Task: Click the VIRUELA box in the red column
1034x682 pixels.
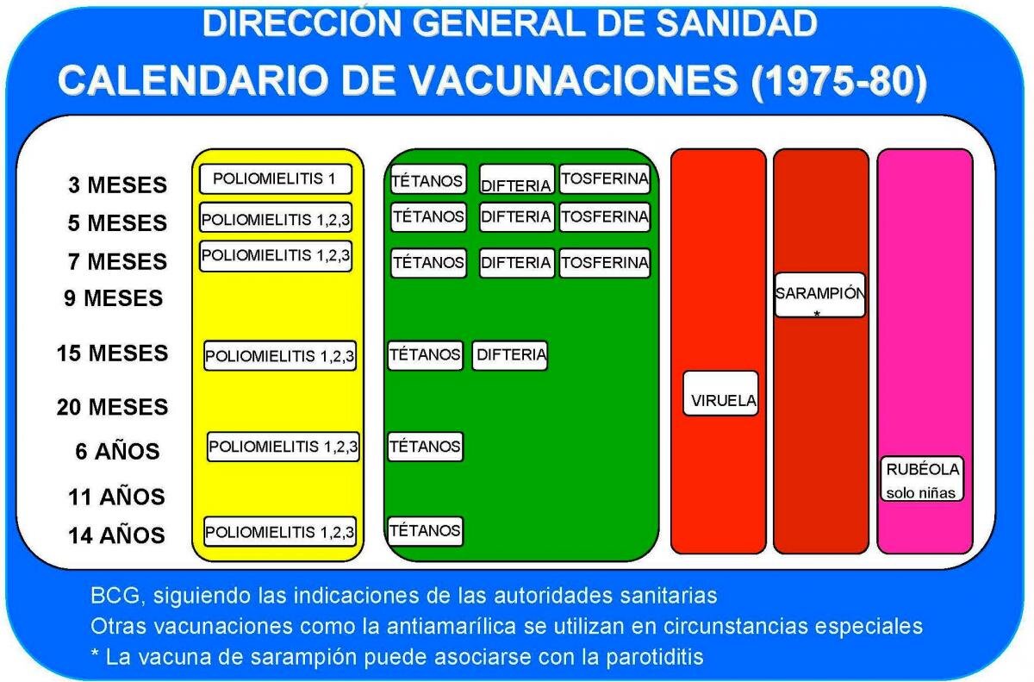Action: click(x=720, y=393)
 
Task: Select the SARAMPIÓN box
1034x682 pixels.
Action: click(x=819, y=295)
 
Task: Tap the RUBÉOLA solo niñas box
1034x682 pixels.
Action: click(x=922, y=479)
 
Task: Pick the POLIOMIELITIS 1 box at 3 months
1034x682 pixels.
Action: click(x=276, y=178)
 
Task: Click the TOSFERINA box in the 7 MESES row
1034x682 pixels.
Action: click(x=605, y=263)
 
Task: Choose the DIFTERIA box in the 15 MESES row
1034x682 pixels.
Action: click(x=510, y=355)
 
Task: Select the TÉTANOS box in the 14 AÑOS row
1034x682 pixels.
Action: click(x=425, y=531)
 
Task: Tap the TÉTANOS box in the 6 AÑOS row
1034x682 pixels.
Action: click(x=425, y=447)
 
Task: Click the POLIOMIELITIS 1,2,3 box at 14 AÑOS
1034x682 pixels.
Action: click(x=280, y=531)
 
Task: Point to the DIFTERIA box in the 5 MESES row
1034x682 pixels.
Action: click(x=516, y=217)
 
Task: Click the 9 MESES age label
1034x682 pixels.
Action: click(x=114, y=297)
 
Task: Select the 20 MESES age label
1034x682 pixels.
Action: click(x=113, y=407)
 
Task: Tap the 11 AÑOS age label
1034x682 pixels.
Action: click(x=116, y=497)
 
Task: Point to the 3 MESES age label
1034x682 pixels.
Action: click(x=118, y=185)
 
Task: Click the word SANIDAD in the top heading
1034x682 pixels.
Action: click(x=737, y=23)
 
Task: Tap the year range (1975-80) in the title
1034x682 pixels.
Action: click(x=839, y=80)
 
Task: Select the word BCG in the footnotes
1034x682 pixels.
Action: click(x=115, y=595)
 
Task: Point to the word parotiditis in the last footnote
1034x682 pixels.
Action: click(x=655, y=657)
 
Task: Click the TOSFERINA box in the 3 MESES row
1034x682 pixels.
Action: click(x=605, y=178)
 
